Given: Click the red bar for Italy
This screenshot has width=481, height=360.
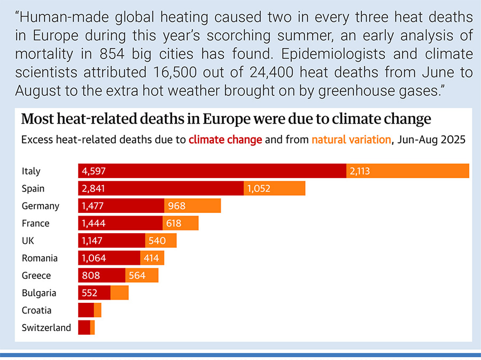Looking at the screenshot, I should (x=212, y=171).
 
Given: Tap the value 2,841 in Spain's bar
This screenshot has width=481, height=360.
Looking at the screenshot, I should (x=94, y=189).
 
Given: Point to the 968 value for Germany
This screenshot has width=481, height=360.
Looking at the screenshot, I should (x=177, y=206).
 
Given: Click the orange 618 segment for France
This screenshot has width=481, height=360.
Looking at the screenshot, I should (x=181, y=224).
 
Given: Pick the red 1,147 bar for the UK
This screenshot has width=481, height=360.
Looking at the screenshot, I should (x=111, y=241).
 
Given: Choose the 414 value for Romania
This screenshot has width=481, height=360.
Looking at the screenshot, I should (x=151, y=258).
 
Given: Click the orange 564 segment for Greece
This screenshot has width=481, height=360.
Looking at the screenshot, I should (x=142, y=276).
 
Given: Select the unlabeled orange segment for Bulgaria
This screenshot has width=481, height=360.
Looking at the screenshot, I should (x=120, y=293).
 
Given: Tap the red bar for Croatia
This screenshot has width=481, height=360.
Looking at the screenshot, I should (x=86, y=310).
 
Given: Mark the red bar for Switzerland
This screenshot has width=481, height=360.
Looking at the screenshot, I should (x=84, y=328).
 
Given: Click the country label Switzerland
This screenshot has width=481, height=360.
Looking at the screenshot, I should (x=46, y=328).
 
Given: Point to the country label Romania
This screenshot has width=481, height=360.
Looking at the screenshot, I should (x=40, y=258).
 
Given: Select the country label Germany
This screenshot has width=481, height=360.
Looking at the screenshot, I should (x=41, y=206).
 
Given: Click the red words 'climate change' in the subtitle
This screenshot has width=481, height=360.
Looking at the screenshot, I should (x=225, y=140).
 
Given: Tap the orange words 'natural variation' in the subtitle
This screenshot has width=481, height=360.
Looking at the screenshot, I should (x=351, y=140).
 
